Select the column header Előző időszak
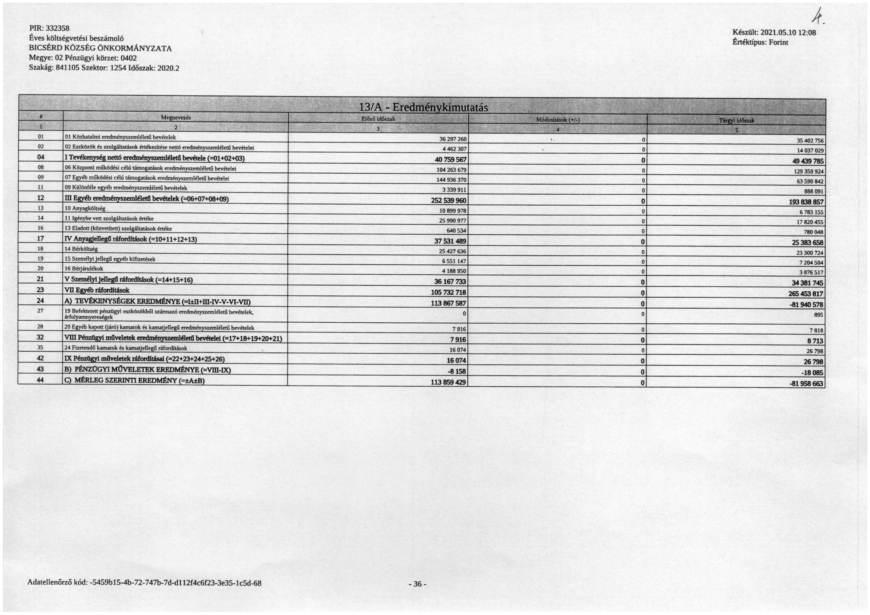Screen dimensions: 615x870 click(x=378, y=119)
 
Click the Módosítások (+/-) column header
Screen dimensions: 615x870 click(x=558, y=120)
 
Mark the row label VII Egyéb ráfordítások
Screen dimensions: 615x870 click(x=97, y=290)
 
